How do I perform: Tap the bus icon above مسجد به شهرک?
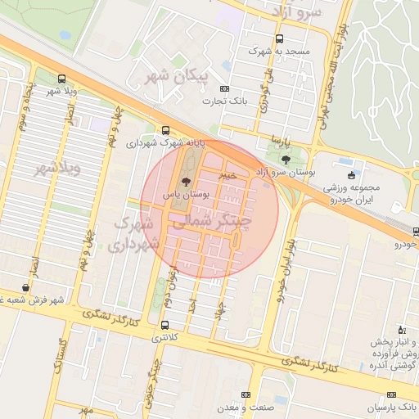(x=280, y=38)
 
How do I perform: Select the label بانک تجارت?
(x=228, y=101)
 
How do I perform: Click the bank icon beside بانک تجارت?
(x=208, y=101)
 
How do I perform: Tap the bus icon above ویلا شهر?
(x=62, y=79)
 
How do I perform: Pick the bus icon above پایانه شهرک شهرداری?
(x=166, y=130)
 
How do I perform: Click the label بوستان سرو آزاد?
(x=283, y=173)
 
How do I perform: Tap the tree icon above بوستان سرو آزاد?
(x=285, y=160)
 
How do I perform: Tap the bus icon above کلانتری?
(x=166, y=324)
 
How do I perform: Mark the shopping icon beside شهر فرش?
(x=27, y=288)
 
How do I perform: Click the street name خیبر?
(x=228, y=174)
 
